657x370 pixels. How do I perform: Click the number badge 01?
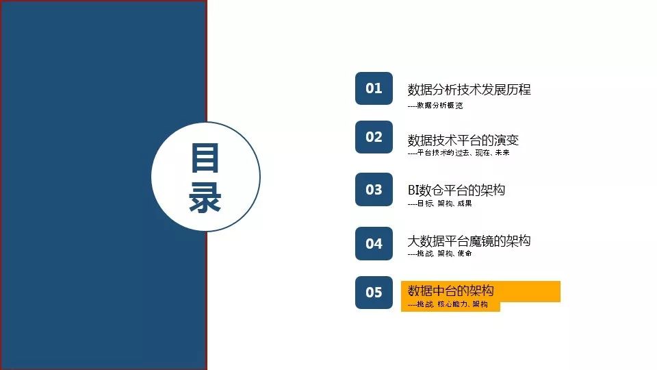click(x=374, y=88)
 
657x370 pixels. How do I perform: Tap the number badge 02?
click(x=374, y=137)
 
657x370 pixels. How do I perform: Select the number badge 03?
click(x=374, y=190)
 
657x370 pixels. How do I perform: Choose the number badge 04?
click(x=374, y=243)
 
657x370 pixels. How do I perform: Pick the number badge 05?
click(x=374, y=293)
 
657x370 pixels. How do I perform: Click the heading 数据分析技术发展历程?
click(x=469, y=89)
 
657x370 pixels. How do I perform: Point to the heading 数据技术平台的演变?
click(x=463, y=140)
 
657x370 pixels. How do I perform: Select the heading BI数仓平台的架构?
click(x=456, y=190)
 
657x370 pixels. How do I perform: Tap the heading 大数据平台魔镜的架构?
click(x=469, y=241)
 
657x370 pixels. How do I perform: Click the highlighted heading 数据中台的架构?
click(x=451, y=291)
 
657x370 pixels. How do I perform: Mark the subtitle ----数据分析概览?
click(x=435, y=106)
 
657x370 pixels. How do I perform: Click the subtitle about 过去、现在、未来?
click(x=459, y=153)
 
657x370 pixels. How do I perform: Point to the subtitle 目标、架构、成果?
click(x=440, y=203)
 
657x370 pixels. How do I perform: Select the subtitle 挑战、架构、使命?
click(x=440, y=254)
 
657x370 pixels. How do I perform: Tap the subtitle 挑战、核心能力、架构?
click(x=448, y=304)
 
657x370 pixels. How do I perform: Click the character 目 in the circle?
click(x=205, y=158)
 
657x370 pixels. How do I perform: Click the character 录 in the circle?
click(x=205, y=197)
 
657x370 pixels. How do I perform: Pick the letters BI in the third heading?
click(x=413, y=190)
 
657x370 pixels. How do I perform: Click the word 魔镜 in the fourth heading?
click(x=481, y=241)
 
